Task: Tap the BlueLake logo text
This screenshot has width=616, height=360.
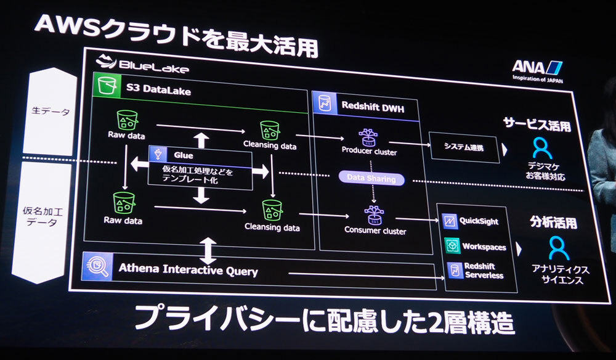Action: coord(143,65)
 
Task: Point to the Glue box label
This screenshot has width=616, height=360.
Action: coord(183,156)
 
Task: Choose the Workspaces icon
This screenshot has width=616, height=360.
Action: coord(452,246)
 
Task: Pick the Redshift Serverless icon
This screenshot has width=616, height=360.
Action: coord(454,269)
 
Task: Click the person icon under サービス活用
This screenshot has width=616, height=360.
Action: coord(542,147)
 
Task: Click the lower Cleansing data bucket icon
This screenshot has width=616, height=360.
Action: coord(272,210)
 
